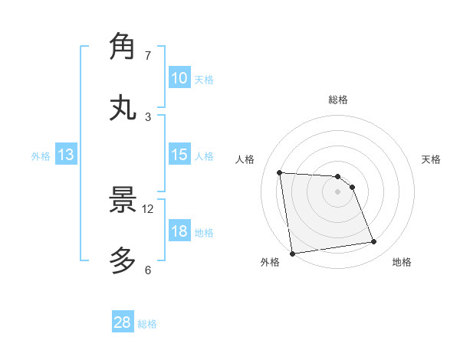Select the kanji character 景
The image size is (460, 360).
coord(123,200)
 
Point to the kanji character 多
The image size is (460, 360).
coord(123,261)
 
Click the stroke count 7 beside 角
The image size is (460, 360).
coord(148,56)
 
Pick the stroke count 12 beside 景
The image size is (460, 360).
coord(148,209)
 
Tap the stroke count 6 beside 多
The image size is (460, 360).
coord(148,270)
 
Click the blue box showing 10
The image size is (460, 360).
coord(179,78)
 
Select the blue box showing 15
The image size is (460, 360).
coord(179,155)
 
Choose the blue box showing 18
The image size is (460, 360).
coord(179,232)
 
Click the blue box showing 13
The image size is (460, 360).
coord(66,155)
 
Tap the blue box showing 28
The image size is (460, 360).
coord(122,322)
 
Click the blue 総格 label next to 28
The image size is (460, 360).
coord(147,324)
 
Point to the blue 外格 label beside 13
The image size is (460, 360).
coord(41,156)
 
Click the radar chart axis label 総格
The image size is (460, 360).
coord(338,100)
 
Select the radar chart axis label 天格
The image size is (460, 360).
coord(432,159)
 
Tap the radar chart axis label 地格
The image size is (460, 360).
coord(402,262)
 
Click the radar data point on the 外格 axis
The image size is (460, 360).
coord(292,254)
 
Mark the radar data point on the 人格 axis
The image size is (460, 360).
coord(280,172)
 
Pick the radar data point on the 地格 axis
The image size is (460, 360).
coord(374,242)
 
